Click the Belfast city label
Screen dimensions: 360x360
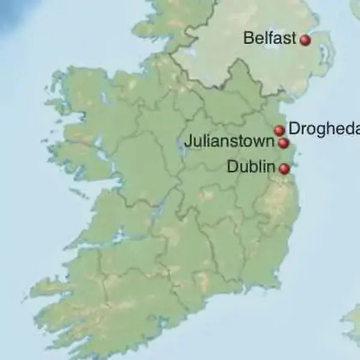pos(269,38)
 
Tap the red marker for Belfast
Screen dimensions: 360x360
pos(305,40)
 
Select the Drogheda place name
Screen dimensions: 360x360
pos(324,128)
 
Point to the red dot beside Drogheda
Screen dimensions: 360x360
pos(279,130)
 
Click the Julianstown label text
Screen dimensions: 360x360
pos(230,143)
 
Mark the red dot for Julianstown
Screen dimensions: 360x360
pos(284,143)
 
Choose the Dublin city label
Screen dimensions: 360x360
pos(251,167)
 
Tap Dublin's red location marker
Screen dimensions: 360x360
pos(284,169)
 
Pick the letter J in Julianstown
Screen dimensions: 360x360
pos(187,143)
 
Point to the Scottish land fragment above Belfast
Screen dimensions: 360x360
pos(354,7)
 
